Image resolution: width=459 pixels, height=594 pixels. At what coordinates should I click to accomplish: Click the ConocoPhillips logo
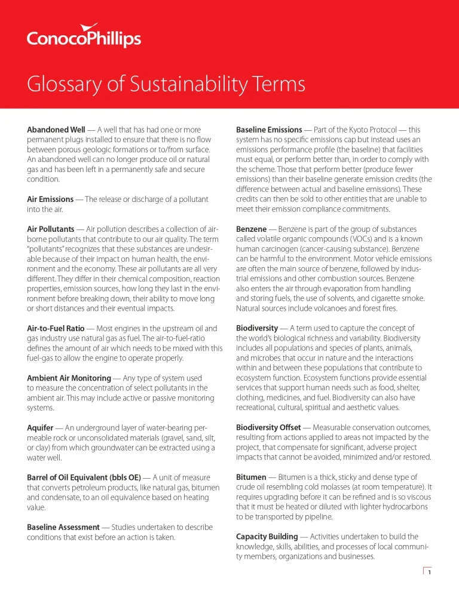point(84,36)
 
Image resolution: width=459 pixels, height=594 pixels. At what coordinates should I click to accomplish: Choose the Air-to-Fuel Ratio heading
point(56,329)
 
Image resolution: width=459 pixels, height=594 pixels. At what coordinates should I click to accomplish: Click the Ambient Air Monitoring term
point(69,378)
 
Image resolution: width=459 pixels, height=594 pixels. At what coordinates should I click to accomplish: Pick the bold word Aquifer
point(41,428)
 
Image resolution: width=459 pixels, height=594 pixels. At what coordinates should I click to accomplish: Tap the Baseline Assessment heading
point(63,527)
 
